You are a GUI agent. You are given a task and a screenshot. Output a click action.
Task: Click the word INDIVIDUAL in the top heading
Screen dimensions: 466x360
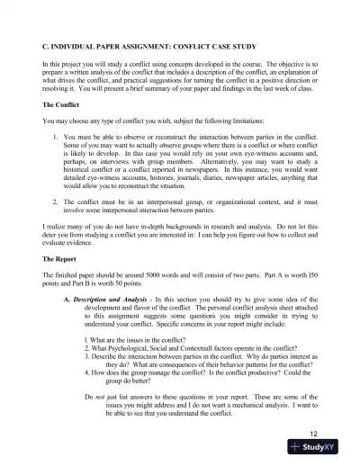tap(76, 43)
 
